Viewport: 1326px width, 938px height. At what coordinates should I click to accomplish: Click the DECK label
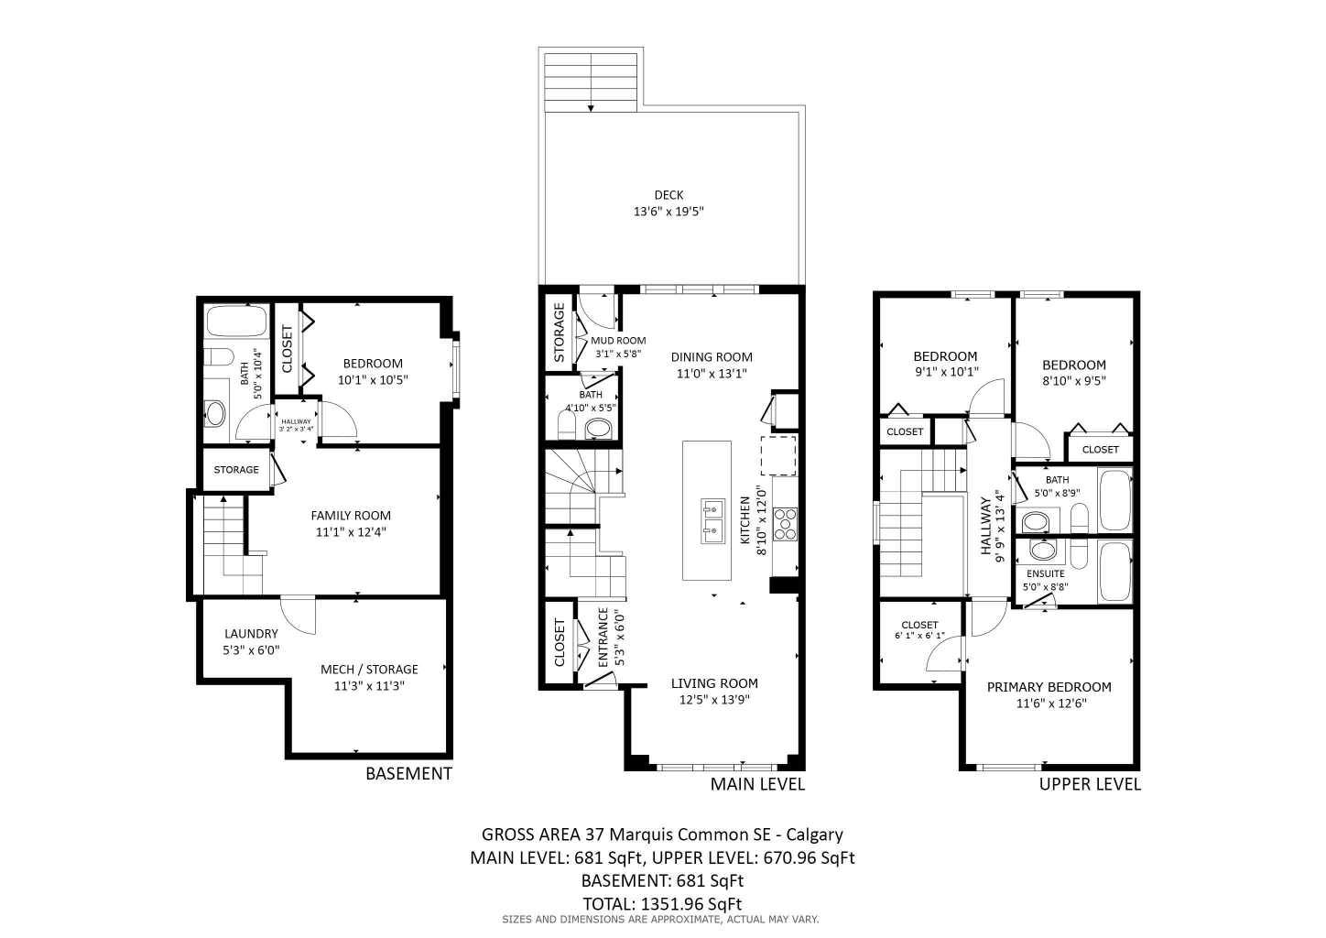[x=668, y=194]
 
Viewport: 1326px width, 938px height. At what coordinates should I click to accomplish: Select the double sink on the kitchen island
[x=712, y=518]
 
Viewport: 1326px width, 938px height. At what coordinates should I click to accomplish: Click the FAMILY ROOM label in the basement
[x=351, y=515]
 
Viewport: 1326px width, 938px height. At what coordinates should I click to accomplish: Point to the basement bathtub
[x=236, y=322]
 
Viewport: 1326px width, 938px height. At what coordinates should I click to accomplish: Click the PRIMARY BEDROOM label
[x=1049, y=687]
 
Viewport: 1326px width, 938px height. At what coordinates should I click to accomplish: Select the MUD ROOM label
[x=619, y=341]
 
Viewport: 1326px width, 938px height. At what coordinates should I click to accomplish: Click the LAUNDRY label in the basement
[x=251, y=633]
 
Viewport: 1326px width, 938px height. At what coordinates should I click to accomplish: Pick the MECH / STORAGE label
[x=369, y=670]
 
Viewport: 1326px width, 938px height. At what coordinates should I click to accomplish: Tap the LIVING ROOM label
[x=714, y=683]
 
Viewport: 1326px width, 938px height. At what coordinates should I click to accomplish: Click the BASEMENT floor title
[x=408, y=773]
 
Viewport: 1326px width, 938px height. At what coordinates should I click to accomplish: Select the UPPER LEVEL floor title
[x=1090, y=784]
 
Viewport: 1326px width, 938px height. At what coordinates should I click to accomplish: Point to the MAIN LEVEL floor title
[x=757, y=784]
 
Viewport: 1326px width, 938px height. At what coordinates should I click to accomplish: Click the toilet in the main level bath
[x=565, y=425]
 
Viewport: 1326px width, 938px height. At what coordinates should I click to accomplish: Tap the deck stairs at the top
[x=591, y=82]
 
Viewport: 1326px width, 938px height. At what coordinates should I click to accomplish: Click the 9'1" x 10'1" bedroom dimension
[x=946, y=373]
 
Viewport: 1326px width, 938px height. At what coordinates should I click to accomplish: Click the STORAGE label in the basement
[x=236, y=470]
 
